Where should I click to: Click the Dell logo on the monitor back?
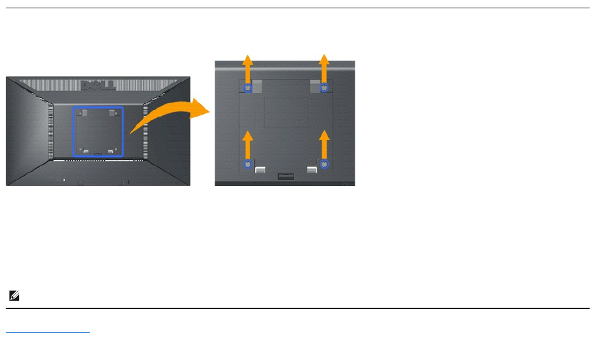[97, 85]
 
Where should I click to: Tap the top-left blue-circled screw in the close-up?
[248, 87]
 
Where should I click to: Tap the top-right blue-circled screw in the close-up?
[325, 87]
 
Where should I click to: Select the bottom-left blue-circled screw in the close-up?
[248, 164]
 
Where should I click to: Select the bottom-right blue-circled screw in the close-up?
[325, 164]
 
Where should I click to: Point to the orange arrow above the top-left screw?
[248, 67]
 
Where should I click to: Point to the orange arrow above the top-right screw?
[325, 67]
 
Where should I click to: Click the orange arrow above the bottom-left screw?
[248, 144]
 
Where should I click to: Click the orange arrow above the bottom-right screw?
[325, 144]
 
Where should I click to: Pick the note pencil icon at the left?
[13, 296]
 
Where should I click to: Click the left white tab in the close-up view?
[260, 169]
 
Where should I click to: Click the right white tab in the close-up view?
[311, 169]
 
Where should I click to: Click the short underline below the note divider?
[48, 332]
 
